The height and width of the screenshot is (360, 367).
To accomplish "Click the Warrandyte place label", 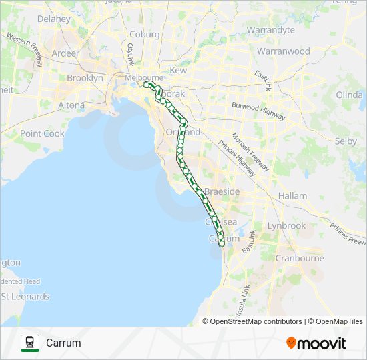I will (270, 30).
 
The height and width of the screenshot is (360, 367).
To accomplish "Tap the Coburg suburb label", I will (145, 35).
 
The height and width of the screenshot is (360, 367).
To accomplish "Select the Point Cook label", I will (42, 133).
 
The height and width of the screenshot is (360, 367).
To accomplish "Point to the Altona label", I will (71, 105).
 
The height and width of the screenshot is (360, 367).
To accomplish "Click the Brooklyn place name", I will (85, 78).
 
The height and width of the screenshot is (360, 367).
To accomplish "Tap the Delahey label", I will (53, 19).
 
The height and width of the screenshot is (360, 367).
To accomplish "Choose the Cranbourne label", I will (300, 258).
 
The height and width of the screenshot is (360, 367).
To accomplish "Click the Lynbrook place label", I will (286, 225).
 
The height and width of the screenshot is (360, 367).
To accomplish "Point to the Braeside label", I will (222, 191).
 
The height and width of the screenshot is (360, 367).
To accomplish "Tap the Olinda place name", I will (349, 95).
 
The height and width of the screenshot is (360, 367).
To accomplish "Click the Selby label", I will (346, 141).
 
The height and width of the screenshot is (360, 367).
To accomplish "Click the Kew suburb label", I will (179, 70).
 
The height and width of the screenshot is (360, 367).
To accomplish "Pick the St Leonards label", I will (25, 296).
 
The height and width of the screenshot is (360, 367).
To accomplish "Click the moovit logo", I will (316, 343).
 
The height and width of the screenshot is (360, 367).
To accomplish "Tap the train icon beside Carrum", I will (30, 343).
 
